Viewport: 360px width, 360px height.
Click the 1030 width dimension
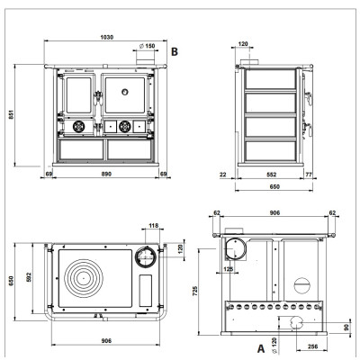click(106, 37)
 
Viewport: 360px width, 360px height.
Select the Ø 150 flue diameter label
click(148, 46)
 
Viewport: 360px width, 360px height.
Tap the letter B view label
click(175, 51)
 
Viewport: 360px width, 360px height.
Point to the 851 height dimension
click(11, 115)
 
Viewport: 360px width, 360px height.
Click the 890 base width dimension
click(106, 174)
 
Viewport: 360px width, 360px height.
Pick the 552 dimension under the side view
click(271, 175)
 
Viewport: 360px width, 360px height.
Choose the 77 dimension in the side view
click(309, 175)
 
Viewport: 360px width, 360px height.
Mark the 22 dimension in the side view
click(223, 175)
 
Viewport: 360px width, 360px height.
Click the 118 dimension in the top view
click(154, 225)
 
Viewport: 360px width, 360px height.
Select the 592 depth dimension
click(29, 277)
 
